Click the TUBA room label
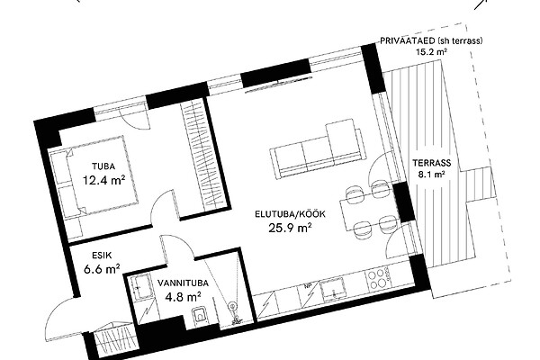(103, 166)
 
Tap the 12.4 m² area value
(103, 179)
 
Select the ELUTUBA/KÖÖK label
(290, 214)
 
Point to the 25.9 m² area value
(290, 228)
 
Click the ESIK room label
(102, 256)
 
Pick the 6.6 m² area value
(102, 268)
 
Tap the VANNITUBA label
(183, 283)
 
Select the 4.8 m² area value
(183, 296)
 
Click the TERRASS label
(432, 163)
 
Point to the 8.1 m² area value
(431, 175)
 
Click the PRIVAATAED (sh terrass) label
(431, 40)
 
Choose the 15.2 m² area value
(431, 52)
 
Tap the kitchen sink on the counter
(332, 288)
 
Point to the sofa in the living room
(316, 148)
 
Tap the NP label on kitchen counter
(307, 285)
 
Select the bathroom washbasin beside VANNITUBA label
(141, 286)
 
